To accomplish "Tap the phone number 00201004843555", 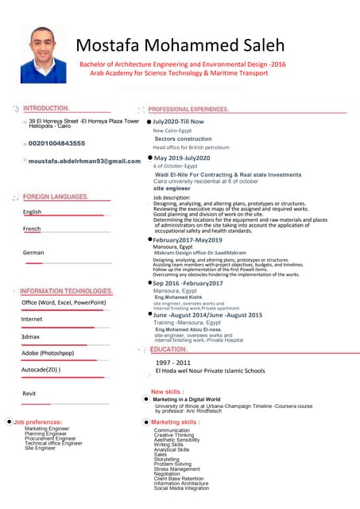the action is click(56, 143).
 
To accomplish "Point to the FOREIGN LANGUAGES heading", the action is click(56, 196).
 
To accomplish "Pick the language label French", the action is click(32, 229).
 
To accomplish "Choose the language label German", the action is click(33, 252).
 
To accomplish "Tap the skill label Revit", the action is click(29, 394).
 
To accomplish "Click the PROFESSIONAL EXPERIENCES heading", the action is click(189, 108).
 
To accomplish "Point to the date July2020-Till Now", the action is click(179, 122).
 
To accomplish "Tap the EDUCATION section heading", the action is click(168, 349).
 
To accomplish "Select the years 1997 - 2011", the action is click(172, 362).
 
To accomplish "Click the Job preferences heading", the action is click(37, 422).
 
